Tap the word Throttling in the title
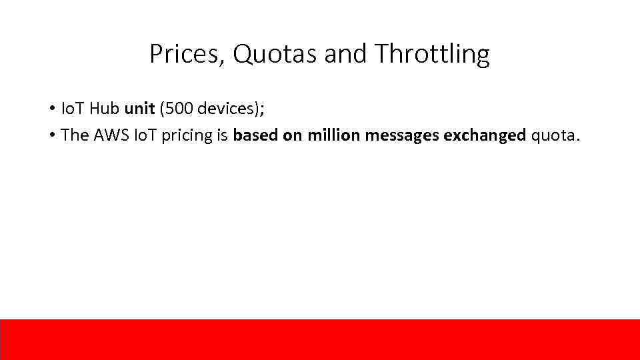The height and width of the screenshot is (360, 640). (x=432, y=54)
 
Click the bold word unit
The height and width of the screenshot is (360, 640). (x=139, y=109)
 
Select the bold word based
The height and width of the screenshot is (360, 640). (x=252, y=135)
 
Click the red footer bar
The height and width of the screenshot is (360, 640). (x=320, y=339)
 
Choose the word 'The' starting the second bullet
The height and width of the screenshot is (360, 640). (x=74, y=135)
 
